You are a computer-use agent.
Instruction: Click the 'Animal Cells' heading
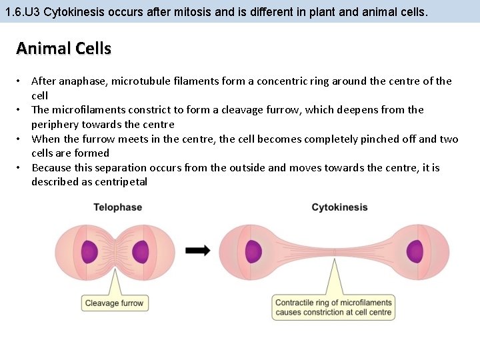coord(63,49)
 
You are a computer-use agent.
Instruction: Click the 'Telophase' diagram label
coord(117,207)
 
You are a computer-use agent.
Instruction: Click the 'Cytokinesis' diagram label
coord(339,207)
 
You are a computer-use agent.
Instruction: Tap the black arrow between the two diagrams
coord(197,251)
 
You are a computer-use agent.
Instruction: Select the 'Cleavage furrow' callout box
coord(114,303)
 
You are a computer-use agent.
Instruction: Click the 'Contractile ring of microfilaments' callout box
coord(333,307)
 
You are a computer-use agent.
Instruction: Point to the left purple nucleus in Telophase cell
coord(89,251)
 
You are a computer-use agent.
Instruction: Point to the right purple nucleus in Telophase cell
coord(141,251)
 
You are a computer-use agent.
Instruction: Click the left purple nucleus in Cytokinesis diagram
coord(253,251)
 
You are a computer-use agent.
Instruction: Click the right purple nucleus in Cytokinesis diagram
coord(416,251)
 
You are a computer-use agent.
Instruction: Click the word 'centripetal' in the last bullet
coord(121,182)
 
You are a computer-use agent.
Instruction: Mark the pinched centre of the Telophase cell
coord(115,251)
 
